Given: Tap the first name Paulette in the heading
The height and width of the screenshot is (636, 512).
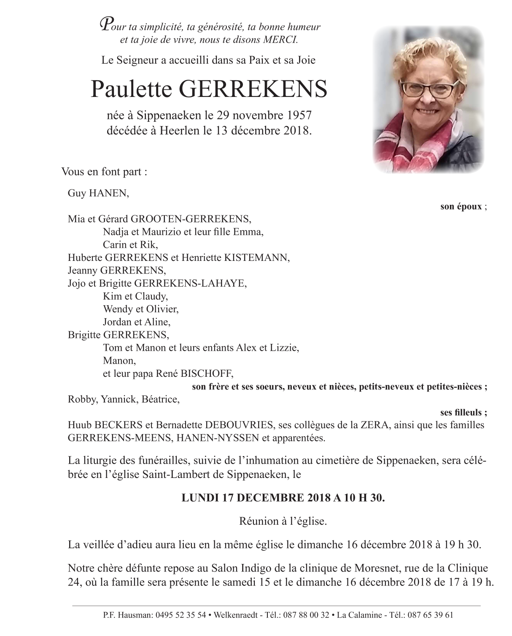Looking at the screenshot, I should coord(126,89).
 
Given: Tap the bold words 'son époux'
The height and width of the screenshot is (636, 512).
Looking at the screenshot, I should coord(461,207).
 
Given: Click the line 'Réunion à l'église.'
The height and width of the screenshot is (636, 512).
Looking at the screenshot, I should coord(283,521).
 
